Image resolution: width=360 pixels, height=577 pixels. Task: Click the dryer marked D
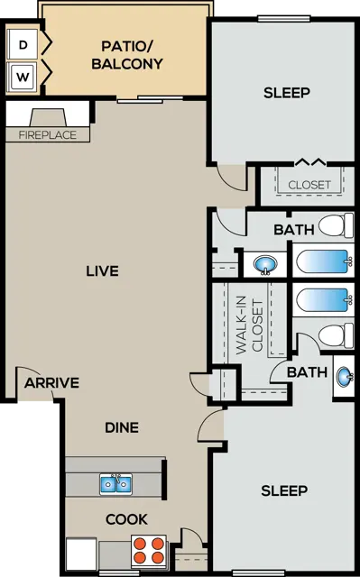pos(23,44)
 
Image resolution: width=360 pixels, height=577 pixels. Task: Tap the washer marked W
pos(23,77)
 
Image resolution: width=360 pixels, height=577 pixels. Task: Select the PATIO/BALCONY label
pos(127,55)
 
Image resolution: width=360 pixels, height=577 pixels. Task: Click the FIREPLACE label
pos(48,135)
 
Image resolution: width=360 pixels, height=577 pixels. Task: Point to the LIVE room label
pos(102,271)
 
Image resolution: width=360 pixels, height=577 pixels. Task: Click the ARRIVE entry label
pos(51,383)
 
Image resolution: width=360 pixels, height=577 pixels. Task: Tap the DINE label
pos(122,427)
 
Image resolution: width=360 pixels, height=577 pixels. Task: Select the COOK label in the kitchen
pos(126,519)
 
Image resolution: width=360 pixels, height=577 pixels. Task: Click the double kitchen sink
pos(116,484)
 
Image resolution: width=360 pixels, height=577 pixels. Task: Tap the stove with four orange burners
pos(149,551)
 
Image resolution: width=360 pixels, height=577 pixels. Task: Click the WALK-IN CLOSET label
pos(250,325)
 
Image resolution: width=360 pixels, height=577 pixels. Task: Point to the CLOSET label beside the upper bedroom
pos(309,185)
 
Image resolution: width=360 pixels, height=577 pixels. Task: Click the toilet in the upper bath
pos(336,225)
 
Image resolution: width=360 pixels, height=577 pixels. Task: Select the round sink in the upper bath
pos(265,264)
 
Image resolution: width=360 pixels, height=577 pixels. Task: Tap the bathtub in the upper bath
pos(323,261)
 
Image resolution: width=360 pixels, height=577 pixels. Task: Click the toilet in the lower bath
pos(336,336)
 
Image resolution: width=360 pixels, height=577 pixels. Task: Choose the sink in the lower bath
pos(345,377)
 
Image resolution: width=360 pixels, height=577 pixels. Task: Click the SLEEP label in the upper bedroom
pos(286,93)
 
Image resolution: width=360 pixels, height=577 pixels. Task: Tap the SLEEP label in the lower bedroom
pos(284,490)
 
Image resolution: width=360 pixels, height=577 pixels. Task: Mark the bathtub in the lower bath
pos(323,300)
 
